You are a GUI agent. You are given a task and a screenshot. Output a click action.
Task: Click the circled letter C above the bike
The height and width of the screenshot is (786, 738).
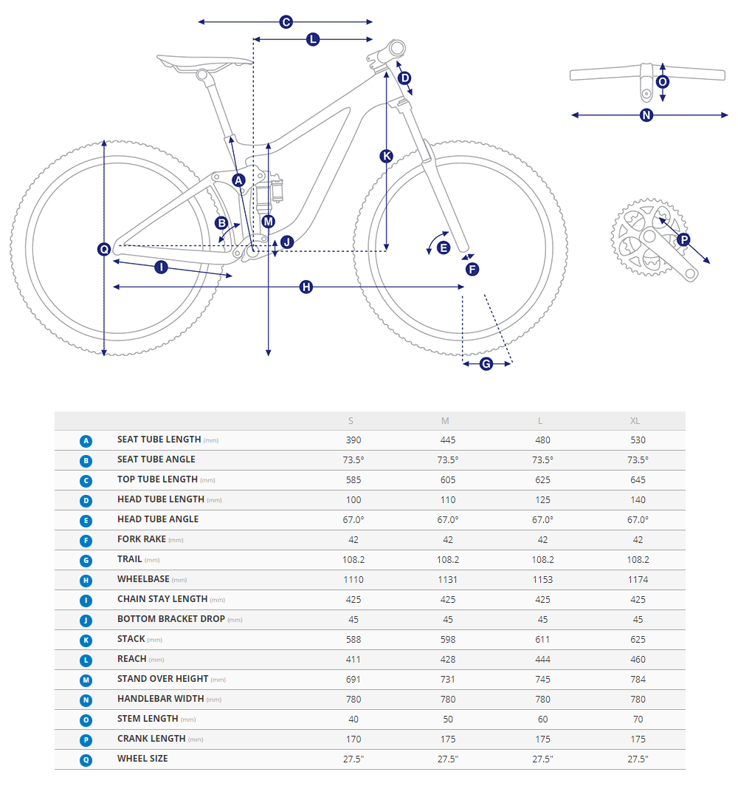coord(286,22)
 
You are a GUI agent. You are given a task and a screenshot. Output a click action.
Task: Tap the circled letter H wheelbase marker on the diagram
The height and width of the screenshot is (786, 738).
coord(306,287)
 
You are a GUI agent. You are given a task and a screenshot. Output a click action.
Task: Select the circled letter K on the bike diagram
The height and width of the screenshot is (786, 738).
coord(387,155)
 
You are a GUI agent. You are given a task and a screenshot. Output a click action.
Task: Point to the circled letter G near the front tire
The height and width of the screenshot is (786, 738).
coord(486,363)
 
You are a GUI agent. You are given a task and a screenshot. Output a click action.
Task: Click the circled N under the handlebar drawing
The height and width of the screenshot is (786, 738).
coord(646,115)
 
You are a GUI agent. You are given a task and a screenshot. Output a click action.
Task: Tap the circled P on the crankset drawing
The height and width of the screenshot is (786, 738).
coord(683,239)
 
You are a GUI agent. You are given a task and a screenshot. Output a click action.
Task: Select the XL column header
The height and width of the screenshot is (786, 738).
coord(635,421)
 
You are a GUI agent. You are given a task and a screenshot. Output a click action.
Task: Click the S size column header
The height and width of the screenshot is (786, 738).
coord(351,421)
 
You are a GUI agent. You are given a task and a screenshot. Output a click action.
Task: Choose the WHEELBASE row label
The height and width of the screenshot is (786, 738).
coord(143,580)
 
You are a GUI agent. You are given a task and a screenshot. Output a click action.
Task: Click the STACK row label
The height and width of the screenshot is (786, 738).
coord(131,639)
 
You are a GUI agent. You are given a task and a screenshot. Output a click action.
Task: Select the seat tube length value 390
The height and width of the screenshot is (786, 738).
coord(354,440)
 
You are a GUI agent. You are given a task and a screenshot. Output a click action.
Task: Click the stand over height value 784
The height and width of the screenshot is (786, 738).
coord(638,679)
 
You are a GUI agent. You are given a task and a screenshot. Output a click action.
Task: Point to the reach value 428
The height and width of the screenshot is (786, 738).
coord(448,659)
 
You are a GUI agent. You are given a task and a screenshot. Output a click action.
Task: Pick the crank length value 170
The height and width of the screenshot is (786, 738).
coord(354,739)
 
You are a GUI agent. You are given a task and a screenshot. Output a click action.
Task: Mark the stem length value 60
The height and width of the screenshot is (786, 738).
coord(542,719)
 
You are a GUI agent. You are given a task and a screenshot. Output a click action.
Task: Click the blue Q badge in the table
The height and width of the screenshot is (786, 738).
coord(86,759)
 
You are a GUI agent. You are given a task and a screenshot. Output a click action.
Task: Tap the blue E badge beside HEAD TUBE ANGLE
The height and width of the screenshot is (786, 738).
coord(86,520)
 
